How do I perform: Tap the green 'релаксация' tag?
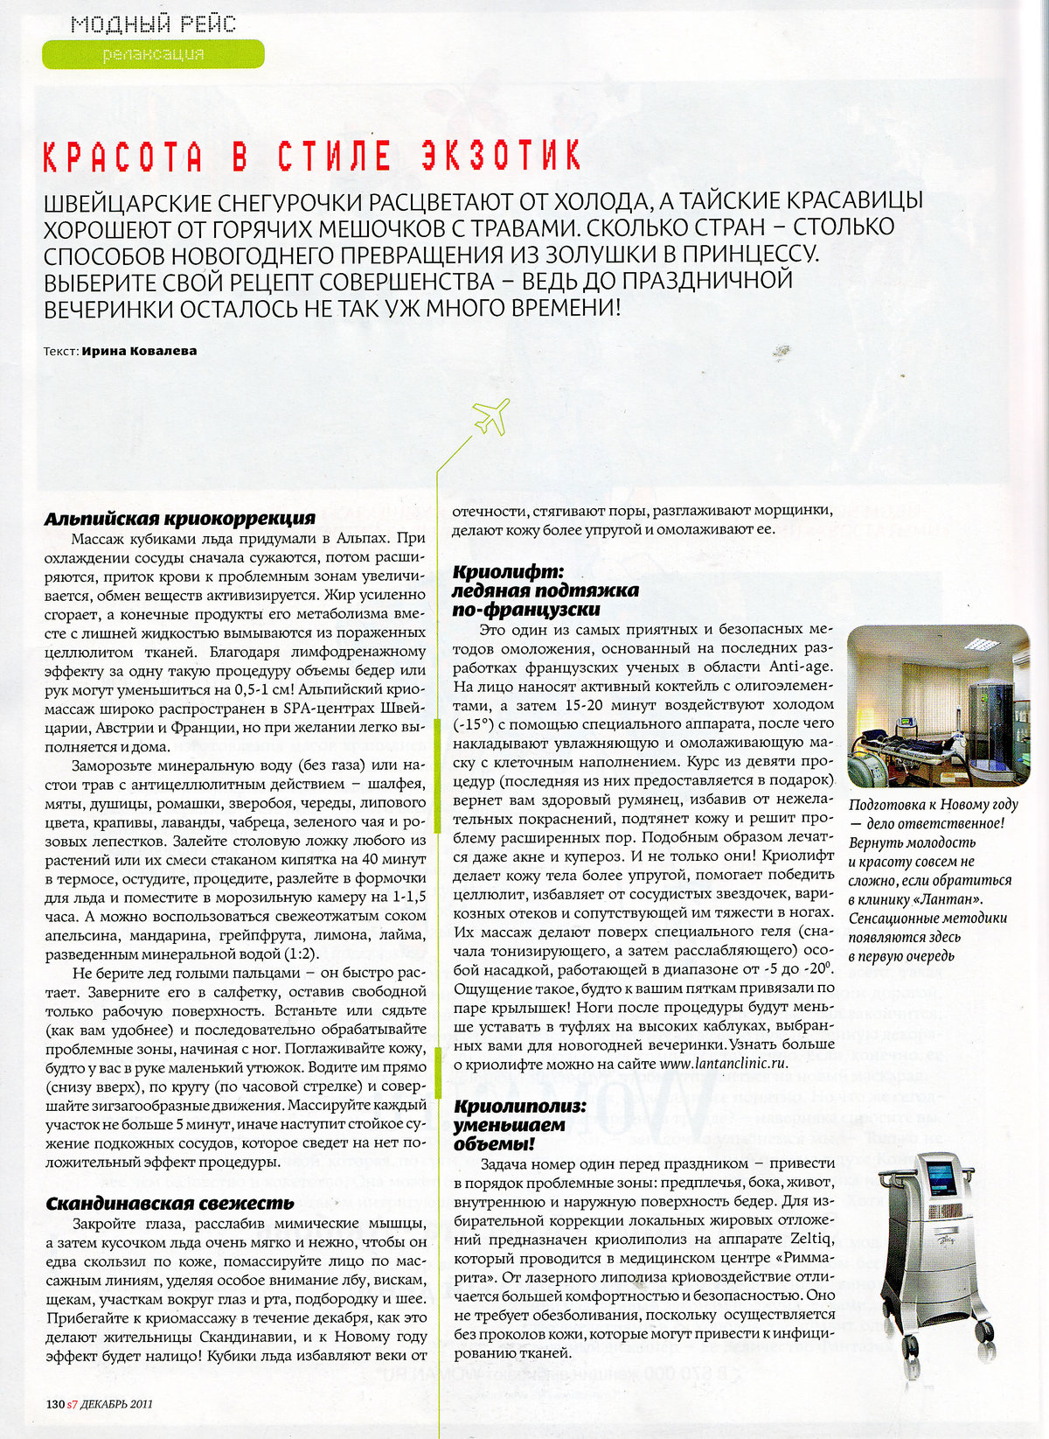pyautogui.click(x=153, y=54)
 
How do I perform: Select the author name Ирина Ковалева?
pyautogui.click(x=139, y=351)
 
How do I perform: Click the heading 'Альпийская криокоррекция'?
pyautogui.click(x=179, y=518)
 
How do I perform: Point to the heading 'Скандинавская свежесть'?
pyautogui.click(x=170, y=1204)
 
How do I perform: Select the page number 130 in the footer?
pyautogui.click(x=55, y=1404)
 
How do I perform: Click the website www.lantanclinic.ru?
pyautogui.click(x=724, y=1064)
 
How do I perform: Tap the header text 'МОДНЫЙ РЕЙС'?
pyautogui.click(x=153, y=23)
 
